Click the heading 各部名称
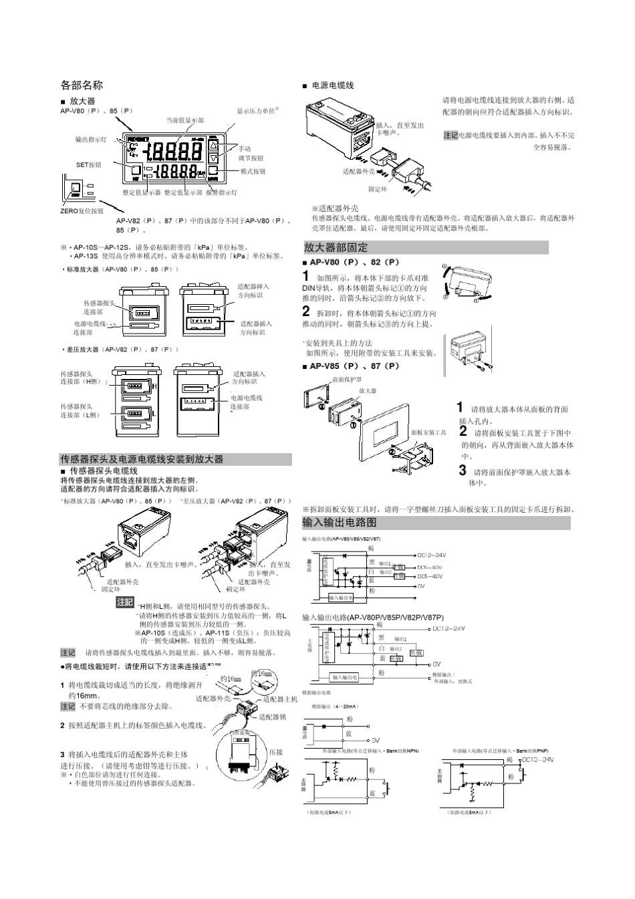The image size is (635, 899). [82, 85]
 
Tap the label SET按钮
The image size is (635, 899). [88, 164]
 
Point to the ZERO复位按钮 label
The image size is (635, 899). [82, 211]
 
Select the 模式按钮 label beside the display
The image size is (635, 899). [253, 172]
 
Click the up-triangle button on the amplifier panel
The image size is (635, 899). [213, 145]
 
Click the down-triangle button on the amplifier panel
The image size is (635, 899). [213, 158]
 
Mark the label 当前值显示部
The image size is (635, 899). [185, 120]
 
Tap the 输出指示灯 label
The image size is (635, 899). [90, 140]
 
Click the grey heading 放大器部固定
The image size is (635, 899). [336, 247]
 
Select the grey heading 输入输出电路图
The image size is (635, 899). [340, 522]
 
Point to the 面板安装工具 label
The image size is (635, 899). [428, 432]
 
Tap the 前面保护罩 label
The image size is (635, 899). [347, 380]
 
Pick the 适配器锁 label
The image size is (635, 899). [273, 717]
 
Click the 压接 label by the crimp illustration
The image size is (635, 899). [276, 752]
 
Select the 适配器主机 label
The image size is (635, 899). [281, 699]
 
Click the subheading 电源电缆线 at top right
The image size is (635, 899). [333, 86]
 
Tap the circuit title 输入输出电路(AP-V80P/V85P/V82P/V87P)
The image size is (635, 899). [373, 617]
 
